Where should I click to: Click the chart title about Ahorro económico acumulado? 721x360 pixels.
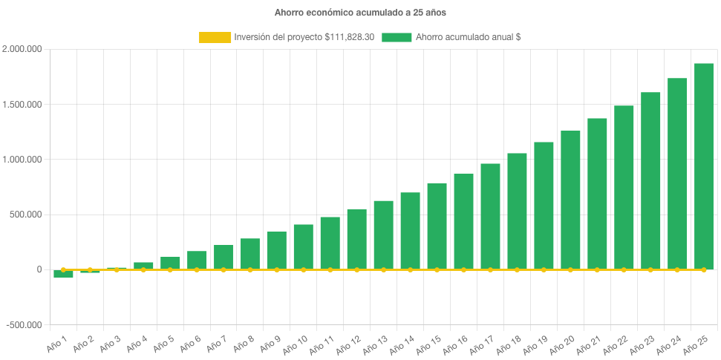360,13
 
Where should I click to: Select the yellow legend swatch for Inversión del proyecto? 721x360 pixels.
215,37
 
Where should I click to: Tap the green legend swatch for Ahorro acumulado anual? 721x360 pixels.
397,37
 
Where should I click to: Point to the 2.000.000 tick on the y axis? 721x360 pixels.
22,49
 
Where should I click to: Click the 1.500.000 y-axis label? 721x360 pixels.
22,105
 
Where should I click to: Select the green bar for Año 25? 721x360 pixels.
703,166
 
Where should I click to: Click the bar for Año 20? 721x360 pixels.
570,200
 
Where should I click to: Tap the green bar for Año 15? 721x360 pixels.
437,226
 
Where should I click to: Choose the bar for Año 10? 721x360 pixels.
303,246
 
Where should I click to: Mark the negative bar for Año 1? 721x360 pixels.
63,274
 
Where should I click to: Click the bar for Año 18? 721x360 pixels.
517,211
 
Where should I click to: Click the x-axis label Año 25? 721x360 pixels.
699,345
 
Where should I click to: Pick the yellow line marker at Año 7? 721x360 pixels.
224,269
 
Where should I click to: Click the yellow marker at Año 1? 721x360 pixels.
63,269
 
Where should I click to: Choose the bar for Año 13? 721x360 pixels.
383,235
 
